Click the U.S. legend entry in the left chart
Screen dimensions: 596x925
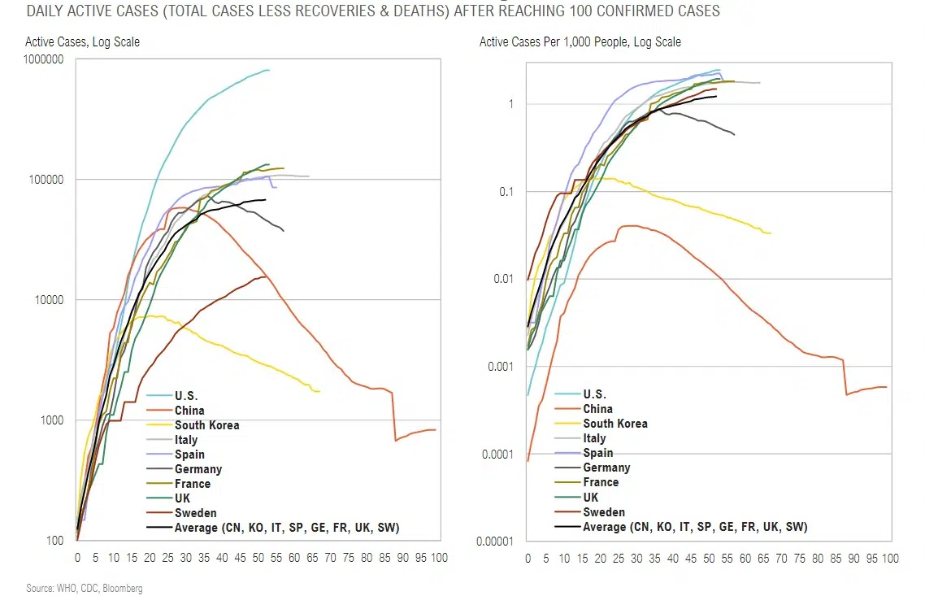click(x=186, y=396)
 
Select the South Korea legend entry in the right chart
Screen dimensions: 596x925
click(x=615, y=424)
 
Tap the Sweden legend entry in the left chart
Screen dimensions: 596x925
click(x=196, y=513)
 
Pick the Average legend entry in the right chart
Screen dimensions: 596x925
click(x=695, y=527)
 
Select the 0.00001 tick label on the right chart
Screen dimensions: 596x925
click(x=497, y=541)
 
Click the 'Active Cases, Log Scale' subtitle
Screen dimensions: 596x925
click(x=82, y=41)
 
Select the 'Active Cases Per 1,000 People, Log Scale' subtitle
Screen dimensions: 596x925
click(x=580, y=41)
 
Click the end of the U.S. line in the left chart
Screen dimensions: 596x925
click(x=269, y=70)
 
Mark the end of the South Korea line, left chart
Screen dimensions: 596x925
click(x=319, y=391)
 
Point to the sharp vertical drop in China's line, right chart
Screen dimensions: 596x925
click(x=845, y=377)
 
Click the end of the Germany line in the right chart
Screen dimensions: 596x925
click(x=734, y=134)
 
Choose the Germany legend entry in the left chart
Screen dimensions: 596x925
click(x=198, y=469)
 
